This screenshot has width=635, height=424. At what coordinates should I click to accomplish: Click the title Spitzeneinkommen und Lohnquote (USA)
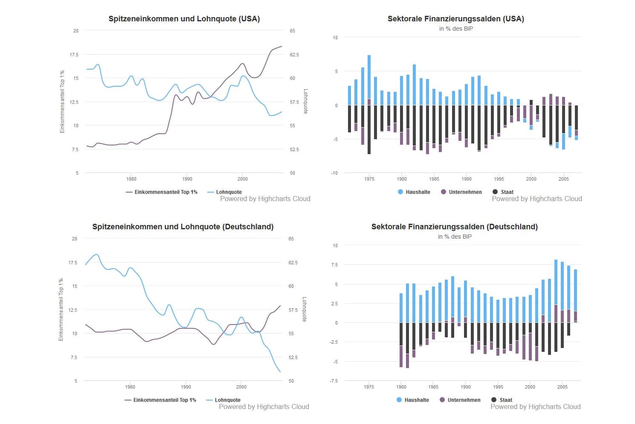click(x=184, y=19)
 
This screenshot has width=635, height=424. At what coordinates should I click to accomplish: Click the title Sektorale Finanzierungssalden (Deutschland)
click(x=454, y=227)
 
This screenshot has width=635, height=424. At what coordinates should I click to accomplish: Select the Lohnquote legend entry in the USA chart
click(x=229, y=192)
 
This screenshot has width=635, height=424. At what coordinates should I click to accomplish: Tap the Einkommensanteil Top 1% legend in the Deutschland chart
click(x=164, y=400)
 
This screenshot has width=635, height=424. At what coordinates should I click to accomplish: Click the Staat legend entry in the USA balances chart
click(x=507, y=192)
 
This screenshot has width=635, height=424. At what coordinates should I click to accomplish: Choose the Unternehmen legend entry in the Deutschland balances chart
click(x=464, y=400)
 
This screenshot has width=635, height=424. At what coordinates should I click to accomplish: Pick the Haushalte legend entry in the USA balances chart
click(x=418, y=192)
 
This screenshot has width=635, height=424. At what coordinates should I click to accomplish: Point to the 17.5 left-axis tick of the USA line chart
click(x=74, y=55)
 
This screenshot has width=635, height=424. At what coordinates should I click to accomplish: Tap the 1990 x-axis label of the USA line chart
click(x=187, y=179)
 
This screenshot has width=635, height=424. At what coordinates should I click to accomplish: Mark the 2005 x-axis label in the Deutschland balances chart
click(x=562, y=387)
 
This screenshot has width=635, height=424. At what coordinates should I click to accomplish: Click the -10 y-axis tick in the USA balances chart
click(x=335, y=173)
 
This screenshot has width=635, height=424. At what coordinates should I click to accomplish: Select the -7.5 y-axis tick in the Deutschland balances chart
click(x=333, y=381)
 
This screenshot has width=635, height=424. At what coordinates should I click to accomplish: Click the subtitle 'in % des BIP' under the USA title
click(x=456, y=29)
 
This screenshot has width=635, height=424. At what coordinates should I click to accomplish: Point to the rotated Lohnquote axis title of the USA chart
click(x=305, y=101)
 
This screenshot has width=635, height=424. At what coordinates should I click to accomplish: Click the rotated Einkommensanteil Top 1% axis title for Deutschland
click(x=61, y=310)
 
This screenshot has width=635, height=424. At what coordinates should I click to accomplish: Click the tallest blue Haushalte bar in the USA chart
click(x=369, y=77)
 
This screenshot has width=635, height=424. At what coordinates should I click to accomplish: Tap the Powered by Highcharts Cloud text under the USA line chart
click(x=265, y=199)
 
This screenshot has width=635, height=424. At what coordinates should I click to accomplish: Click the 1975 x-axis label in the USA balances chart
click(x=369, y=179)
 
